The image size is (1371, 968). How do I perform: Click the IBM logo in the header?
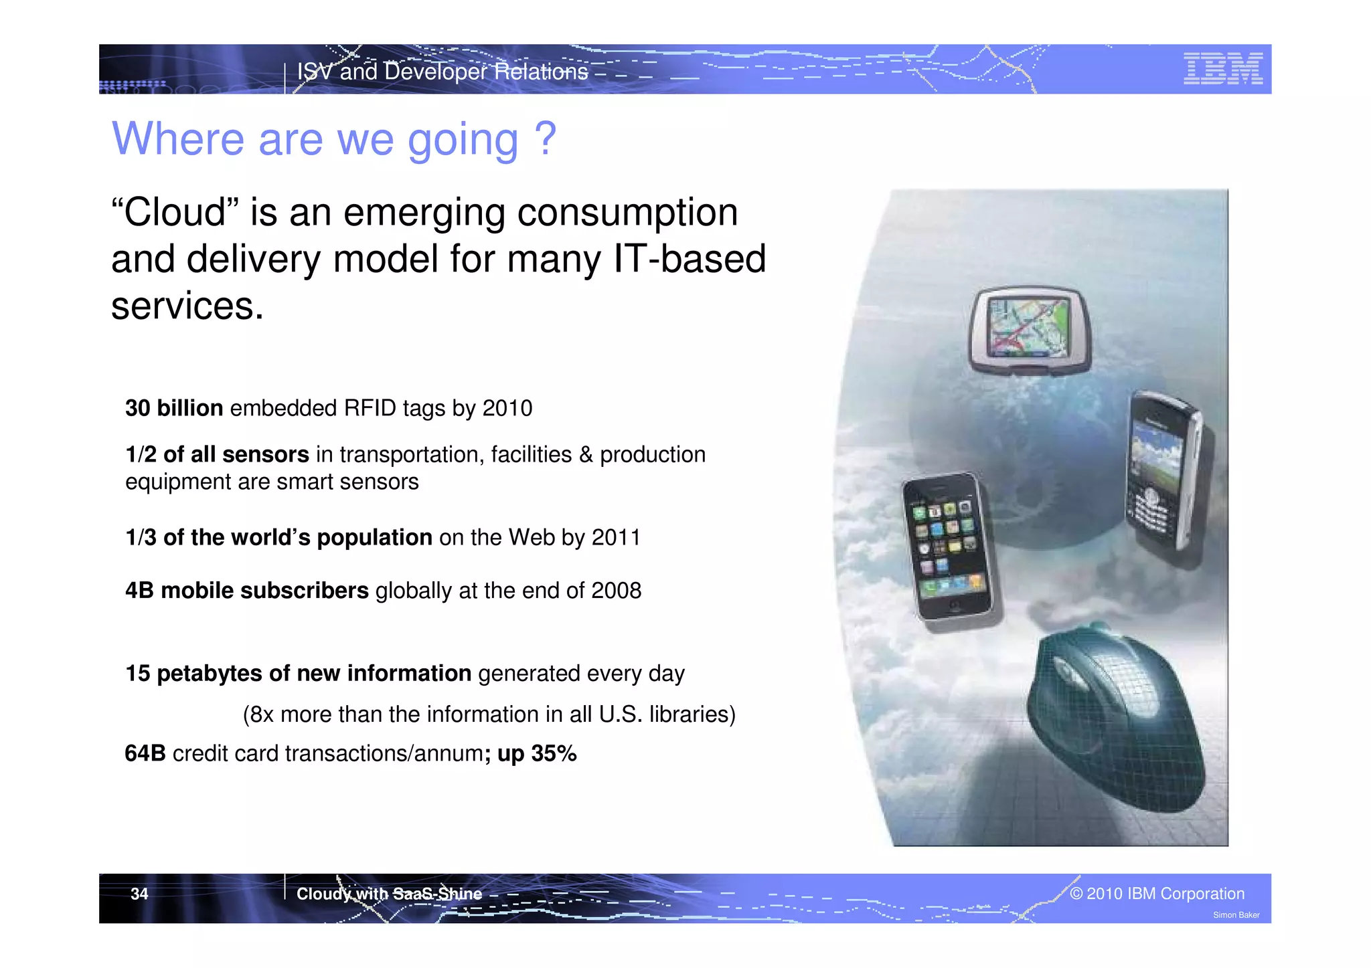click(x=1222, y=69)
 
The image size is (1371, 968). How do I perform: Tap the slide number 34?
click(x=139, y=894)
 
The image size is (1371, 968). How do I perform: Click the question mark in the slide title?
click(x=546, y=138)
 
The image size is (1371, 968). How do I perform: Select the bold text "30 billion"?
click(x=174, y=408)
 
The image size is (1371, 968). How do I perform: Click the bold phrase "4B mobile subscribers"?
click(x=247, y=591)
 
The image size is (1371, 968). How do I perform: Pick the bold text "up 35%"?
click(x=537, y=754)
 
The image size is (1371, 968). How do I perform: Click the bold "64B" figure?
click(x=145, y=754)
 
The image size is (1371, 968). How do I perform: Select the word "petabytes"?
click(x=209, y=674)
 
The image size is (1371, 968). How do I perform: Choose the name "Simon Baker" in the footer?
click(x=1236, y=915)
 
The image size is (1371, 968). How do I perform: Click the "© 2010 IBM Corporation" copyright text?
click(x=1157, y=894)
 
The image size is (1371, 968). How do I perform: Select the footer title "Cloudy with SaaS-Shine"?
click(x=389, y=894)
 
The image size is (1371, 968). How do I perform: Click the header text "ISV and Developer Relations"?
click(x=442, y=72)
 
